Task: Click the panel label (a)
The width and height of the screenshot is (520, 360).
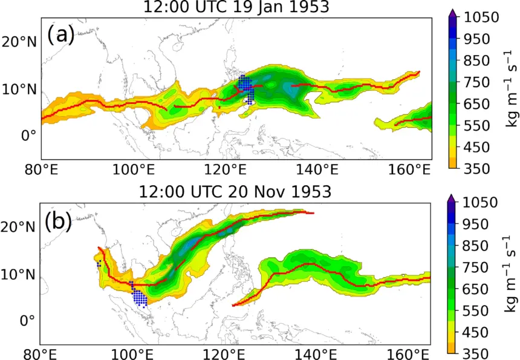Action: click(60, 35)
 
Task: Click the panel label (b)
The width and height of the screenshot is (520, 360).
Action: click(58, 221)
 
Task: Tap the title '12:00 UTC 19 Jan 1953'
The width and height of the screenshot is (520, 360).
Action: click(236, 7)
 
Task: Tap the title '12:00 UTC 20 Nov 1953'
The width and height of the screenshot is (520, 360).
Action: click(235, 191)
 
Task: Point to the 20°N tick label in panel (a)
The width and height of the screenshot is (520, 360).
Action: click(19, 42)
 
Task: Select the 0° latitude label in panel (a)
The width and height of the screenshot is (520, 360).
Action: click(28, 136)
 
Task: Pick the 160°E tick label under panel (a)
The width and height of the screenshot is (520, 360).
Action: click(409, 170)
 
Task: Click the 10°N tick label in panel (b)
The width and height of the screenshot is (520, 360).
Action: click(18, 275)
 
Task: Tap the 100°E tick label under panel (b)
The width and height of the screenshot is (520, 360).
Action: click(132, 355)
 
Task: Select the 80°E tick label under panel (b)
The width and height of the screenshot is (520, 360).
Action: click(41, 355)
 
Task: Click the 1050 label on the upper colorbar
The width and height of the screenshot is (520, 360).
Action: click(481, 18)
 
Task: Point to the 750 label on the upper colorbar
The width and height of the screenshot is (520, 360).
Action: click(476, 82)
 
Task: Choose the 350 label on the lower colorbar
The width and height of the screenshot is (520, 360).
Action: click(476, 354)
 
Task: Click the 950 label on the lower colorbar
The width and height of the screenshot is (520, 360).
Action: click(476, 224)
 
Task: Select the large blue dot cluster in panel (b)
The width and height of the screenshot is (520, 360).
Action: click(138, 295)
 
